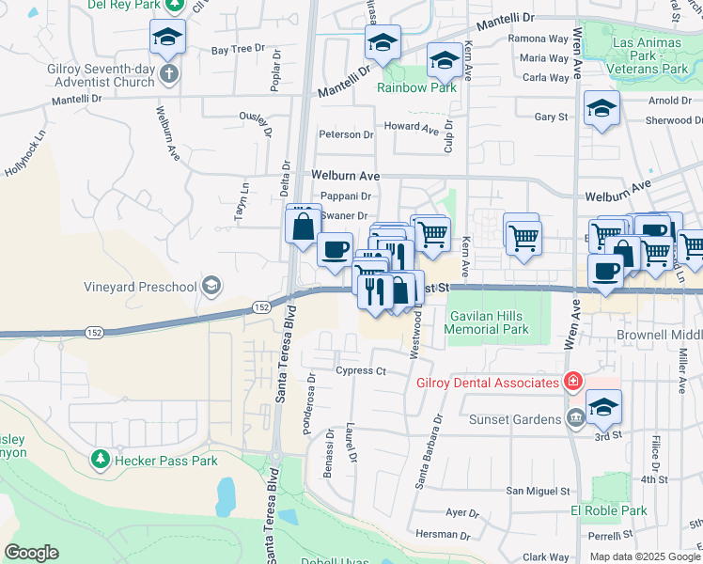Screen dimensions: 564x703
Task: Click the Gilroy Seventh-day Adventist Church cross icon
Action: click(168, 74)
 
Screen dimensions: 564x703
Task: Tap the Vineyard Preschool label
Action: click(147, 286)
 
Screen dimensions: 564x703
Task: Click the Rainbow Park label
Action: click(416, 87)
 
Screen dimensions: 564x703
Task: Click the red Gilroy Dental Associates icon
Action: click(571, 381)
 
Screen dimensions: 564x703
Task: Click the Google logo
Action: click(31, 552)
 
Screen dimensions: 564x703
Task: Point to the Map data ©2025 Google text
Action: click(644, 556)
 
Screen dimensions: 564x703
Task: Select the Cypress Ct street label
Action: click(361, 371)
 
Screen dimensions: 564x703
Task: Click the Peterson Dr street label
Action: click(346, 134)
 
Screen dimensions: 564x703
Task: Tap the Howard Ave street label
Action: click(411, 126)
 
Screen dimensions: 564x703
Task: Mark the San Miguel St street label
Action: click(539, 491)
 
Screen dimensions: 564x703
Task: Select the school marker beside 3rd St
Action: click(603, 408)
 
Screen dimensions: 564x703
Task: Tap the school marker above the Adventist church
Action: click(168, 38)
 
